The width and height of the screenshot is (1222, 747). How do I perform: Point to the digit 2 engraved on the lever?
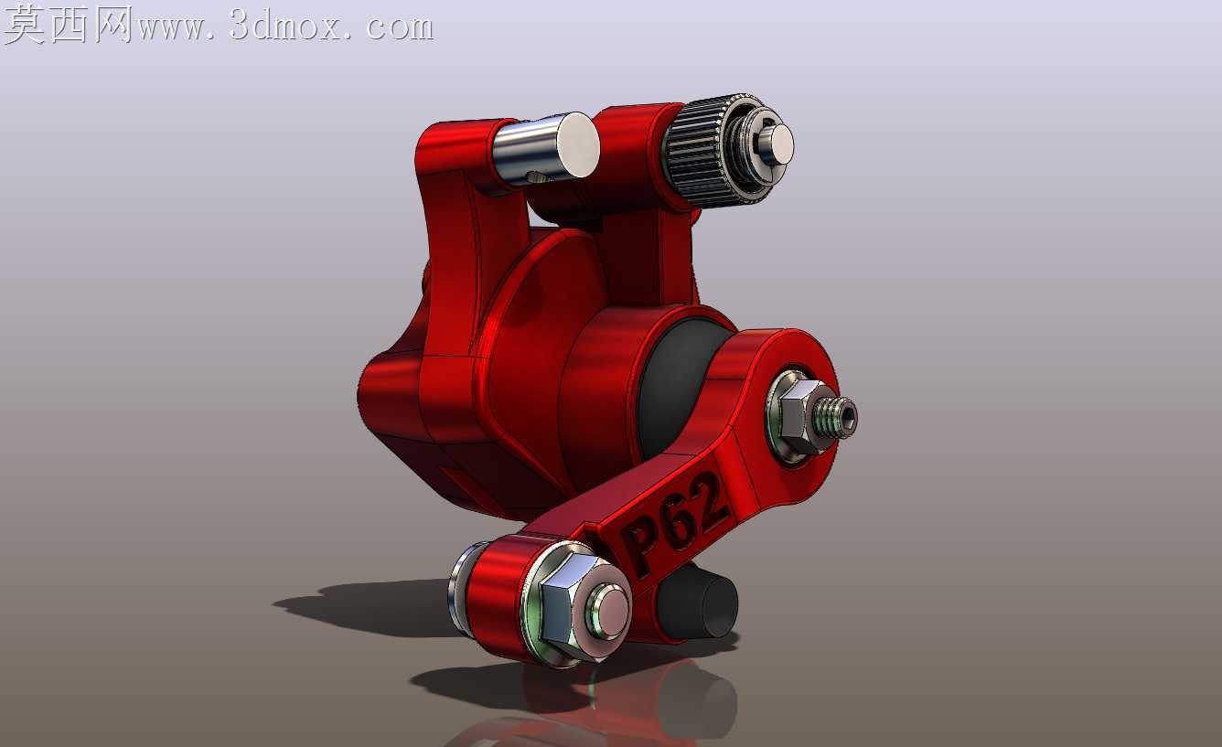tap(708, 494)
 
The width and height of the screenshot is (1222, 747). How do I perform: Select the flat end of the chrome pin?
tap(579, 144)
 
